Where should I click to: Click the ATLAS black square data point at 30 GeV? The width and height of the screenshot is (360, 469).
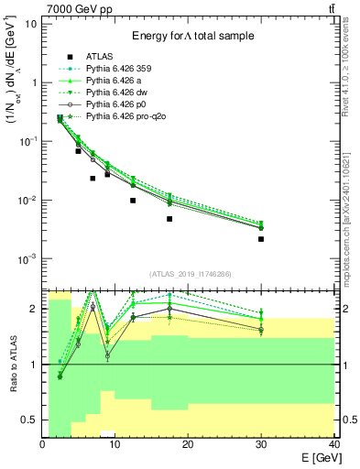pos(261,239)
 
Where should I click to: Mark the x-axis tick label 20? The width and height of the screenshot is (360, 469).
pos(188,444)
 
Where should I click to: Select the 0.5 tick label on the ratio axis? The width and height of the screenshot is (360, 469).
pos(29,420)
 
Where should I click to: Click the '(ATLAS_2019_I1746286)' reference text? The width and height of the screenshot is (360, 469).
pos(190,273)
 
